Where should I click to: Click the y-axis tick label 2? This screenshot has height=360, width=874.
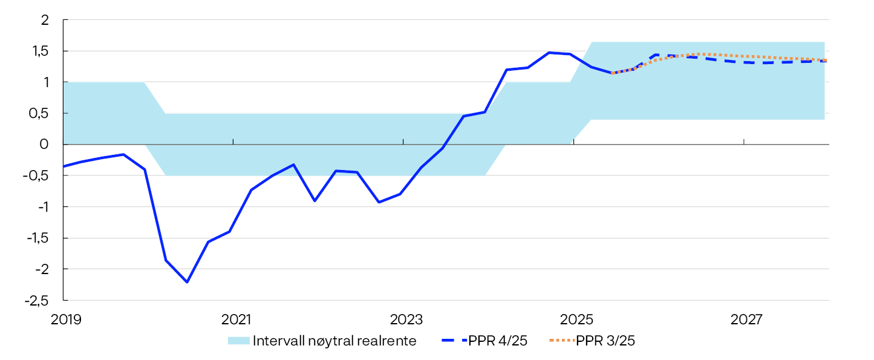click(44, 20)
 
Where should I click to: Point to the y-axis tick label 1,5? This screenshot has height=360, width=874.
click(41, 51)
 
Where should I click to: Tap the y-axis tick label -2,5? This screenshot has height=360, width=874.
click(39, 300)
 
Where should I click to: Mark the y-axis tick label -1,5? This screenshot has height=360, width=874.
click(39, 238)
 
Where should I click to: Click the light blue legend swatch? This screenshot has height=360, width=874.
click(238, 341)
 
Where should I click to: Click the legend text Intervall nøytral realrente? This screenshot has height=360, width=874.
click(334, 341)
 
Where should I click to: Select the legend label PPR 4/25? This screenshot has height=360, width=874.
click(498, 341)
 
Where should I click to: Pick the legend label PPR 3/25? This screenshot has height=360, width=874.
click(605, 341)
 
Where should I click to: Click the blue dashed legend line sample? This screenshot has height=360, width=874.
click(454, 341)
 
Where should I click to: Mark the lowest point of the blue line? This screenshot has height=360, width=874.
click(187, 282)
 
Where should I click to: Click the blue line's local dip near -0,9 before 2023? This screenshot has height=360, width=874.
click(379, 202)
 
